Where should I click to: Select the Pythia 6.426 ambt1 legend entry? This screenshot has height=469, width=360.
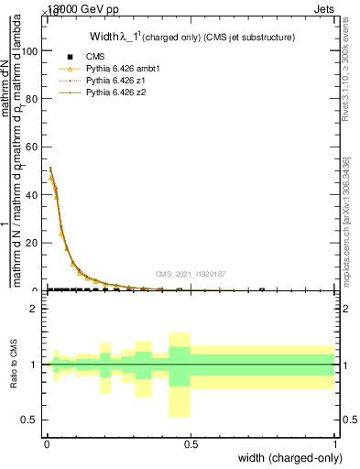(x=115, y=69)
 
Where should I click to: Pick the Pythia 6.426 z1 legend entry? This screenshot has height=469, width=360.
(x=110, y=81)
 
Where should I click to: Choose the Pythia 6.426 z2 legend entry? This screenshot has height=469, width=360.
(x=110, y=93)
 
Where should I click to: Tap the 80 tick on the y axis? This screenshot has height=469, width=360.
(x=33, y=100)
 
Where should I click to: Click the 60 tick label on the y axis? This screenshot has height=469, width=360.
(x=33, y=147)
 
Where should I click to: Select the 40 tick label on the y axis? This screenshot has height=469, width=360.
(x=33, y=195)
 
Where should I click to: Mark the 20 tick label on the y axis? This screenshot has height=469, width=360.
(x=33, y=243)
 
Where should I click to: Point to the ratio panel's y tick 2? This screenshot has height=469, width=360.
(x=36, y=310)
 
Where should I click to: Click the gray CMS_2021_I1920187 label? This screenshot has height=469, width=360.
(x=191, y=274)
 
